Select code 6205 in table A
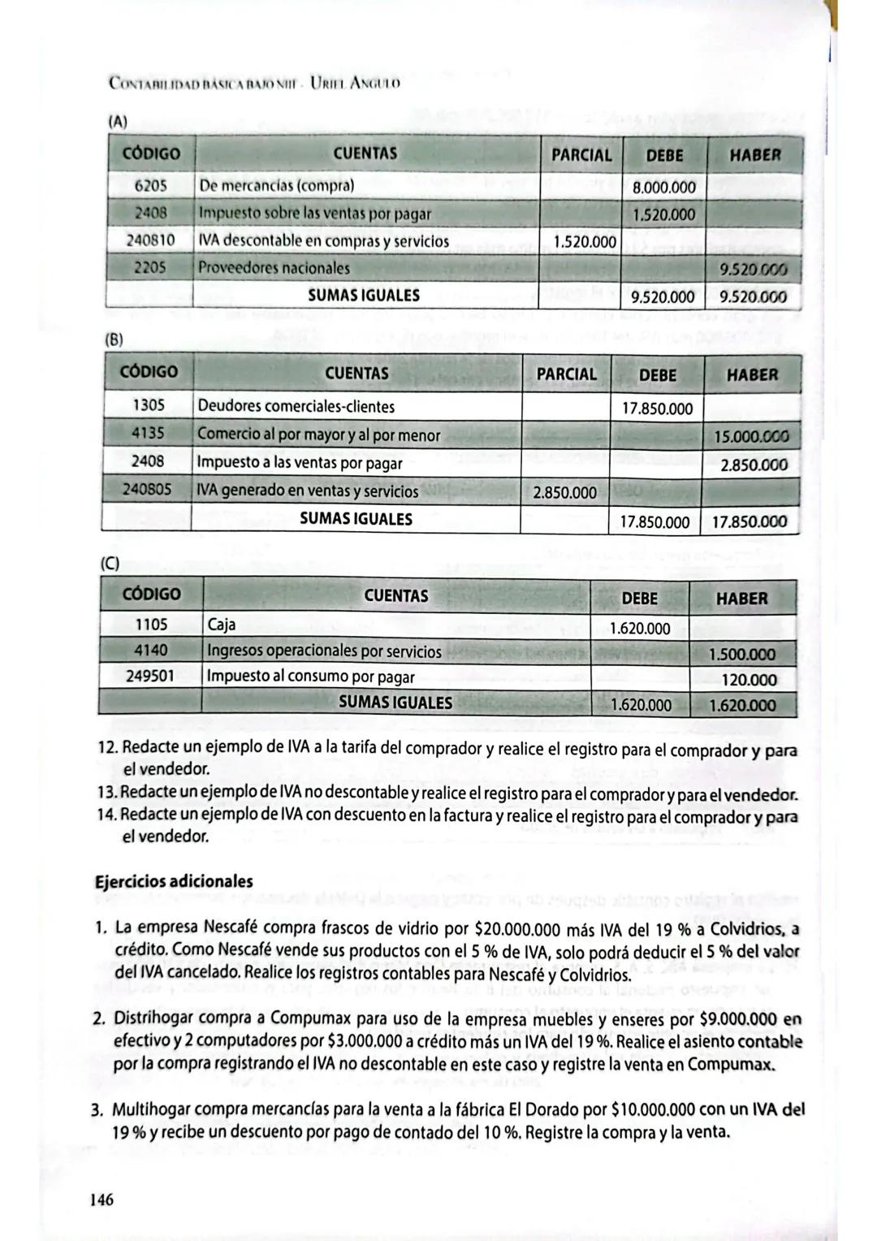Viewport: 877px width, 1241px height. tap(150, 185)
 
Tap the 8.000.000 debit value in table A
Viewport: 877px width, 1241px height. tap(663, 188)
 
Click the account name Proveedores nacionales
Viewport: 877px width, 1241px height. tap(274, 268)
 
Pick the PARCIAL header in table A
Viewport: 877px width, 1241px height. tap(581, 154)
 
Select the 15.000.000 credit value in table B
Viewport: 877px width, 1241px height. tap(750, 436)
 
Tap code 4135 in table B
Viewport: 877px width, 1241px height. tap(148, 433)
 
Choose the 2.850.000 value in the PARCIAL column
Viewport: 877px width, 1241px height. tap(564, 492)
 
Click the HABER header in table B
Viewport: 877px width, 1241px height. tap(751, 375)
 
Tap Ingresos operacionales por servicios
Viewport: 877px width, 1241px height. tap(324, 651)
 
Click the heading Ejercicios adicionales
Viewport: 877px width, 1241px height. tap(174, 881)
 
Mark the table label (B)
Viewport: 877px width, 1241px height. tap(115, 339)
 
